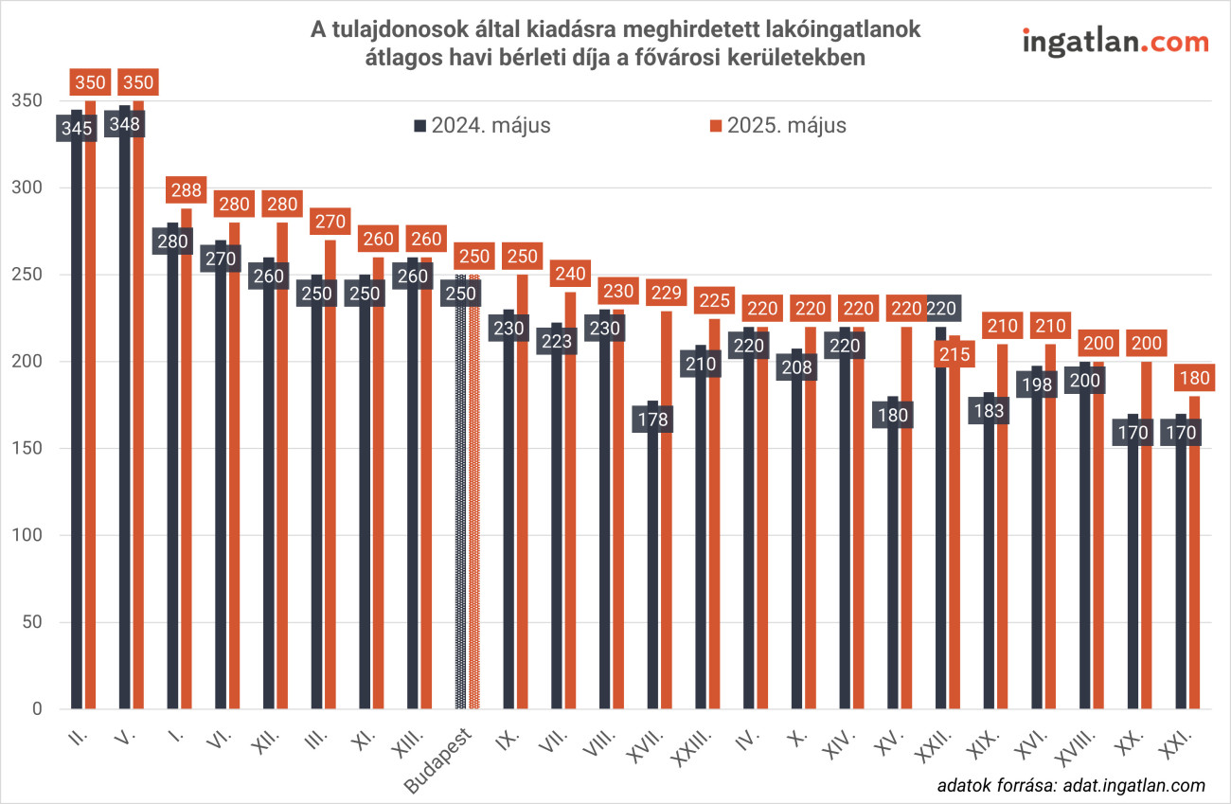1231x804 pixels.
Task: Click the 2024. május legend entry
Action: [482, 125]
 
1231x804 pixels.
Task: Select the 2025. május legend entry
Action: [778, 125]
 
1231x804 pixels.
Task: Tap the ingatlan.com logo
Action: [1115, 42]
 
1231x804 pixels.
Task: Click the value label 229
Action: [666, 293]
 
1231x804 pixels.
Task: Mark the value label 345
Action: [77, 127]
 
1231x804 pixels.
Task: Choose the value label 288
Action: [186, 189]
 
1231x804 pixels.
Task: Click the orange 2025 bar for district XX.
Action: [1147, 540]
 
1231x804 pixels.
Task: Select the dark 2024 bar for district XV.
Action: [893, 568]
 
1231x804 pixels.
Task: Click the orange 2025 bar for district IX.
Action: [522, 502]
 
